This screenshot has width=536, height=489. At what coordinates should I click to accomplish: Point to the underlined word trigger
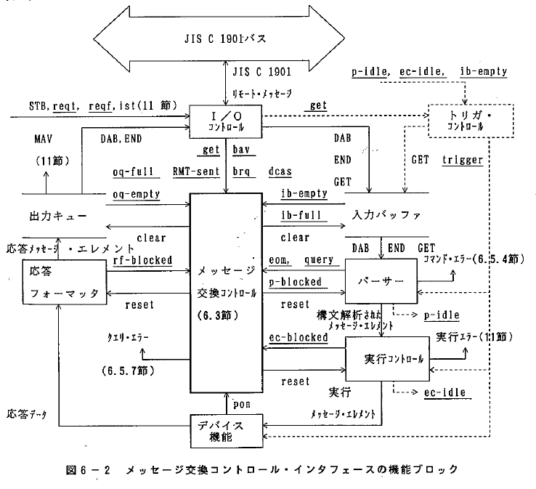463,160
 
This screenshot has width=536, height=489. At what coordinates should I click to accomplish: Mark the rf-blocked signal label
142,259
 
